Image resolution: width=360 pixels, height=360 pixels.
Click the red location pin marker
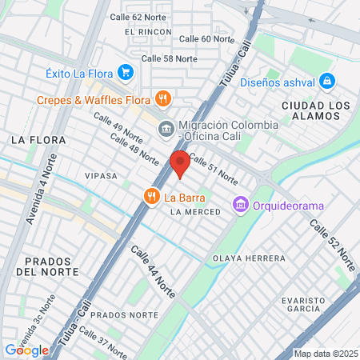pos(180,164)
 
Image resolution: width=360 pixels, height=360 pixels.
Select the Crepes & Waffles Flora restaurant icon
pos(162,98)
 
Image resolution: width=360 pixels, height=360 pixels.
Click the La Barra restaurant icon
pos(150,196)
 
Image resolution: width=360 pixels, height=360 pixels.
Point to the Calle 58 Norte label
pos(169,58)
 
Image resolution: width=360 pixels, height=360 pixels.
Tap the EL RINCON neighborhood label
pos(148,32)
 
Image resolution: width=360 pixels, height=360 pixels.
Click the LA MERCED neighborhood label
pos(190,212)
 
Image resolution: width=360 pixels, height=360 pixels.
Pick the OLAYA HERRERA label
pos(249,258)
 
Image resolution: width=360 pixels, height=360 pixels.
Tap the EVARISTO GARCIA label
pos(303,305)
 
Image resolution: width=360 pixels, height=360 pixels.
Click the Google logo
pos(26,350)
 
